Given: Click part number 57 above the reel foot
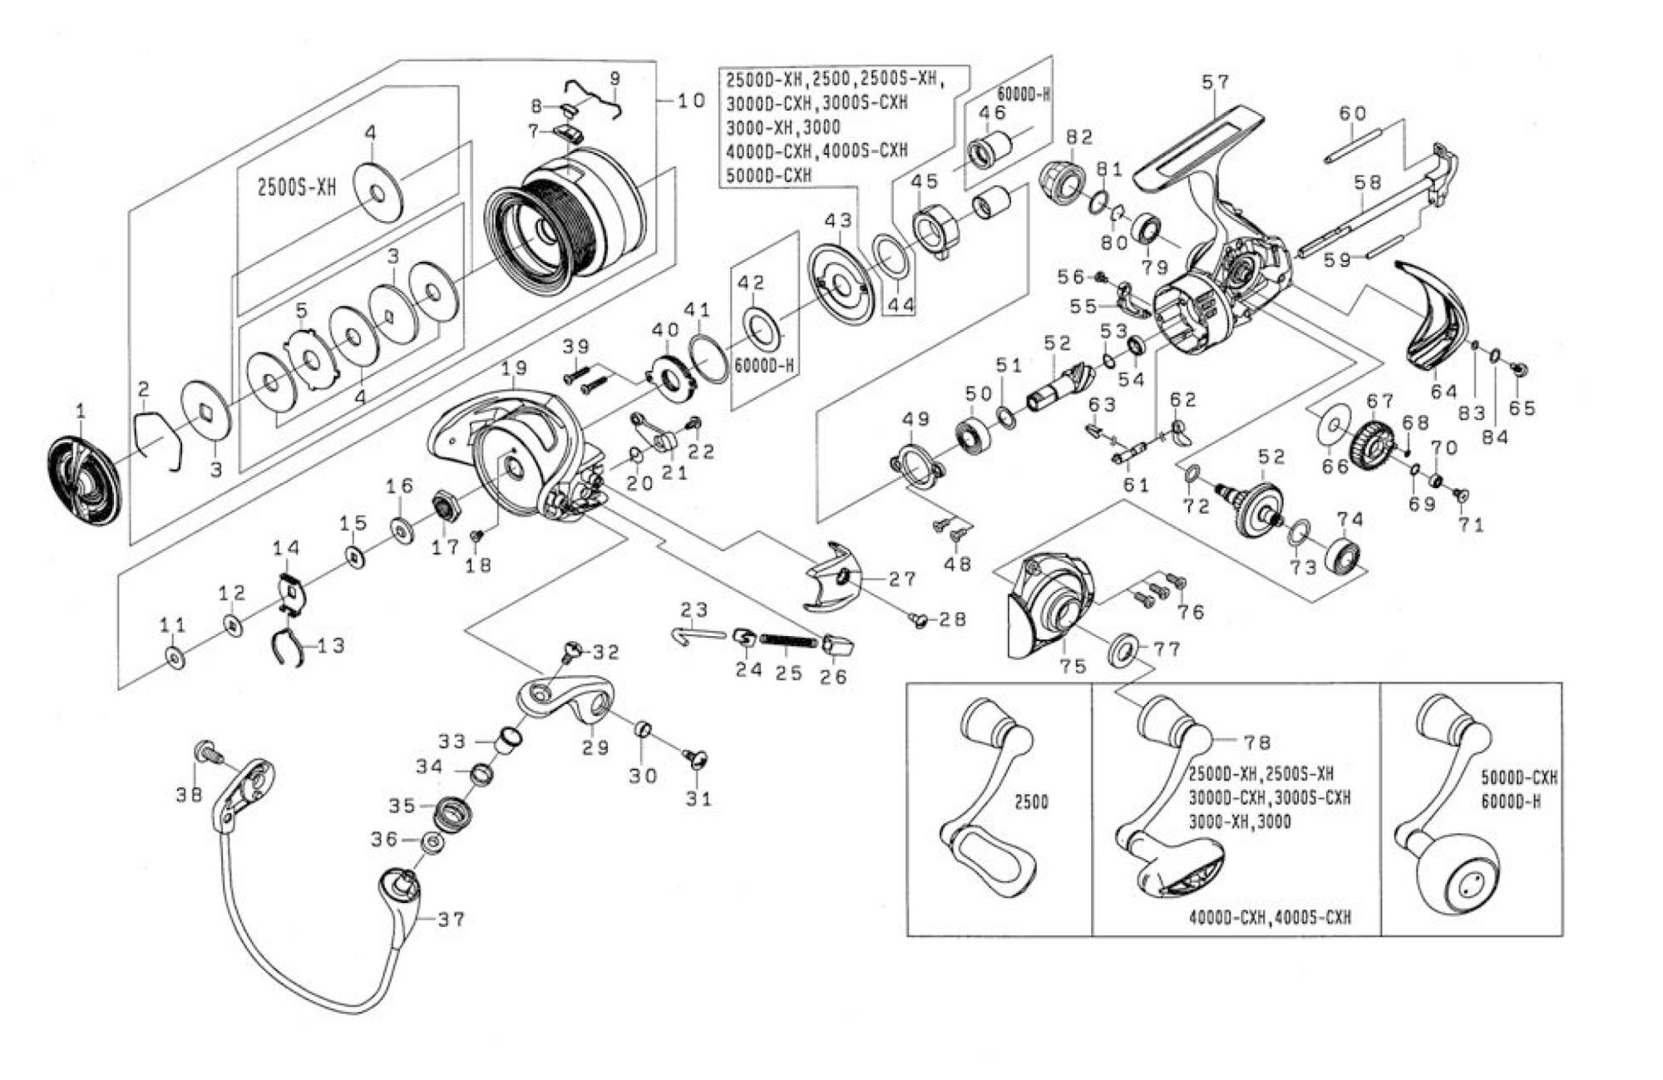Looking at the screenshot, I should (x=1215, y=82).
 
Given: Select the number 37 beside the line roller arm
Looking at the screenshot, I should (x=452, y=919).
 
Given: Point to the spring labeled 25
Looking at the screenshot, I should (x=787, y=640).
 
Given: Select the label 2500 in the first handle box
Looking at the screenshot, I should (x=1031, y=802).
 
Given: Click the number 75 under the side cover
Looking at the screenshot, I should (x=1073, y=666).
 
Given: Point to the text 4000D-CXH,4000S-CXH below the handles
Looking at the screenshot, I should (x=1270, y=918).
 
